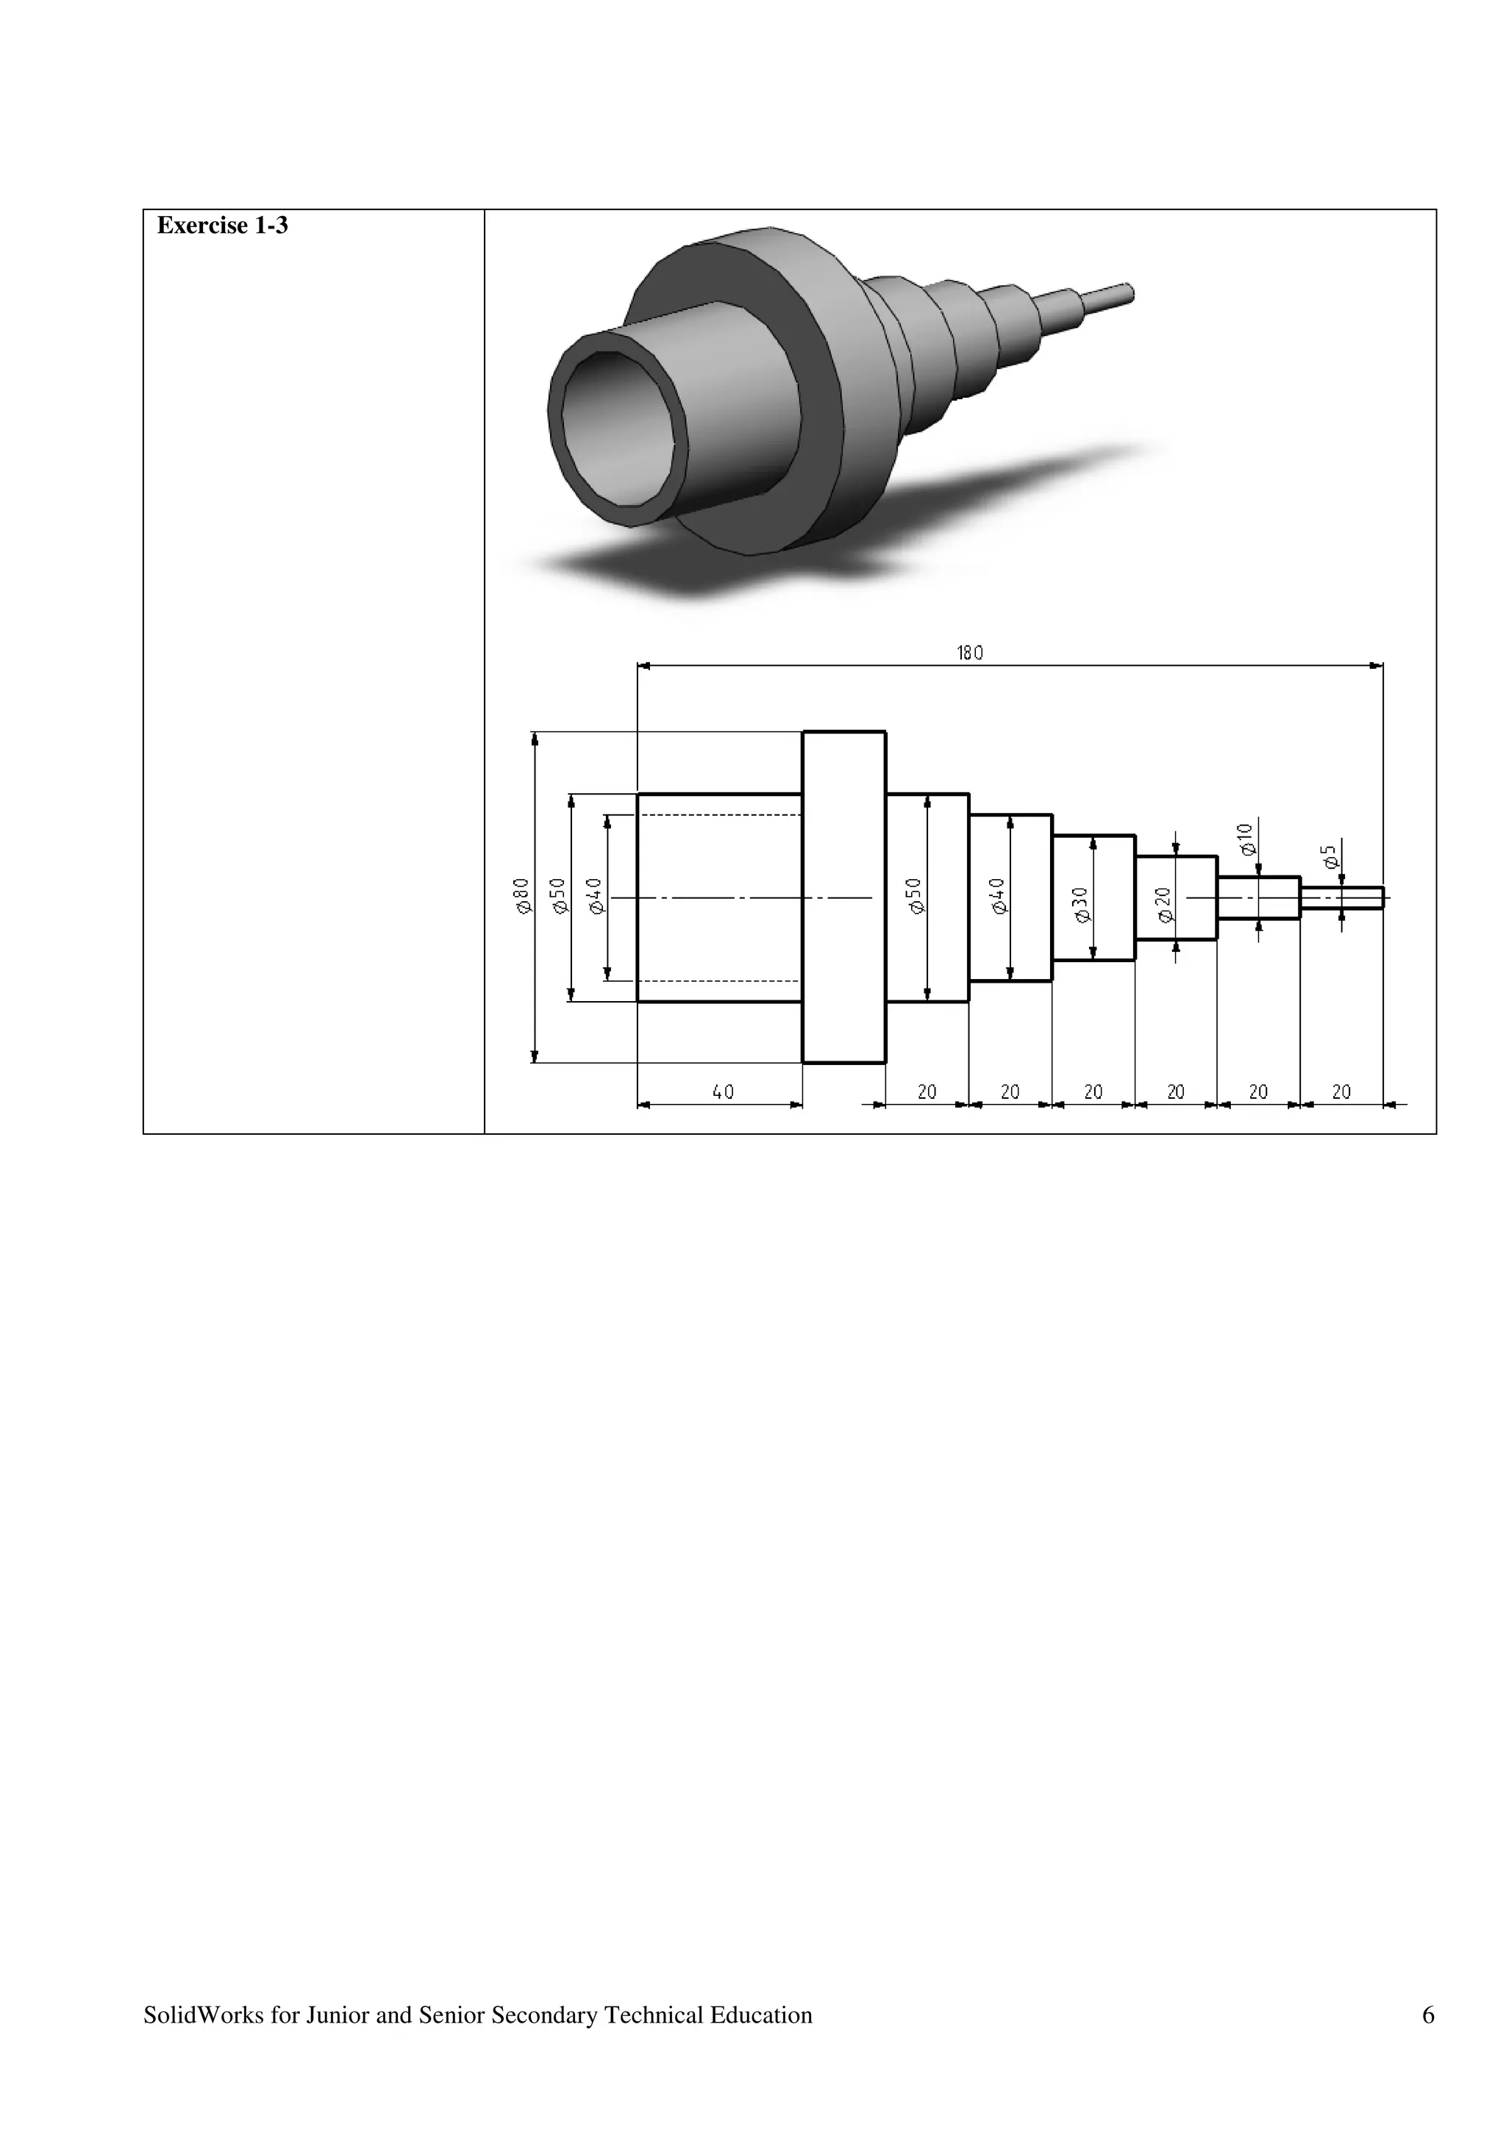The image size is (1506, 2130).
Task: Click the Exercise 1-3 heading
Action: [222, 226]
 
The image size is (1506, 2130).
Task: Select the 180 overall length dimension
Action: [970, 653]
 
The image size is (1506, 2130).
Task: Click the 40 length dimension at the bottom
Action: [723, 1092]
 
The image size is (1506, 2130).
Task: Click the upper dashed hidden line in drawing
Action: [719, 814]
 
